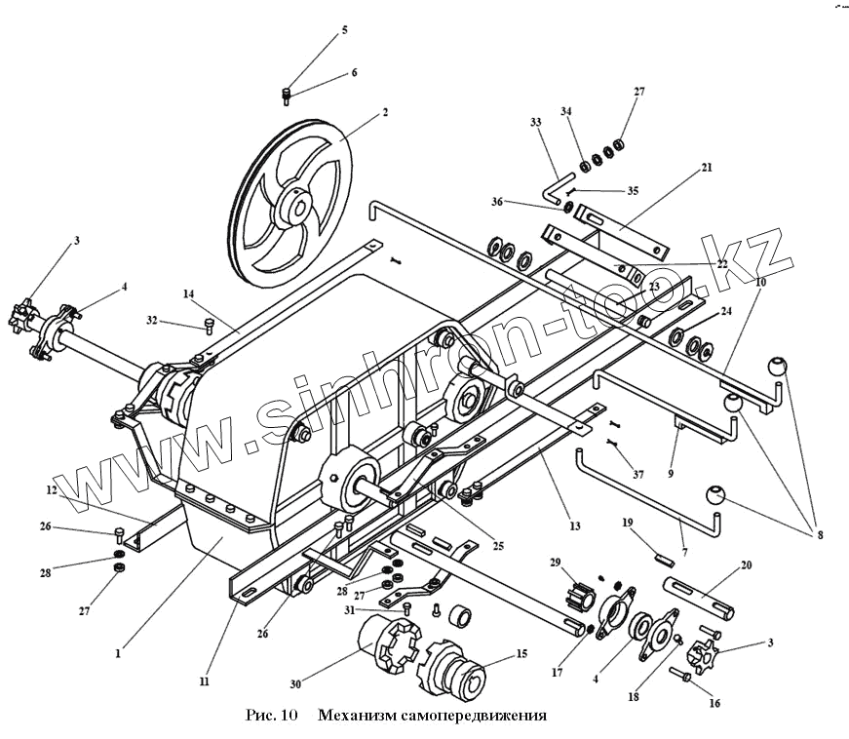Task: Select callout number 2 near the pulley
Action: coord(385,112)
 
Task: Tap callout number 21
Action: coord(707,167)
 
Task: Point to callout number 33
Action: coord(535,123)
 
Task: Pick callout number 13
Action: coord(575,526)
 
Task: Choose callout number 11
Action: coord(205,683)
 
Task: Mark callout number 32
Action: coord(152,319)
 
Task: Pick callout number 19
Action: coord(629,522)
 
